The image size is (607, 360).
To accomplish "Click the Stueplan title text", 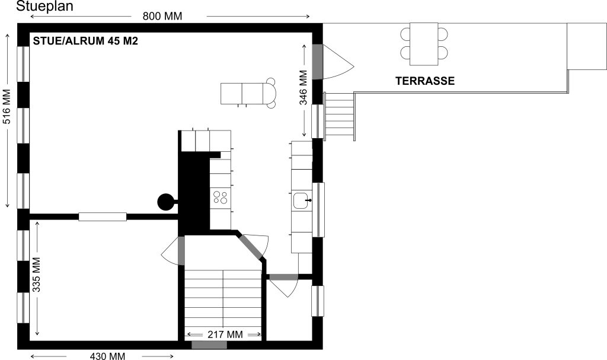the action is coord(44,6).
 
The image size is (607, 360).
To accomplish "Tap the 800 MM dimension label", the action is coord(162,16).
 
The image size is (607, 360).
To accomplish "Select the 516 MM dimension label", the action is coord(7,107).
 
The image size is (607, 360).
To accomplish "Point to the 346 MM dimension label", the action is coord(303,88).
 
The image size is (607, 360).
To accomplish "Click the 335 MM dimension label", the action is coord(36,275).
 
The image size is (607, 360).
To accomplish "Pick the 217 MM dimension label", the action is coord(225,334).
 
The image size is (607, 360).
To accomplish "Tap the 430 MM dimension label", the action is coord(107,356).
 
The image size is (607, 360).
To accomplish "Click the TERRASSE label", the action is coord(425,81).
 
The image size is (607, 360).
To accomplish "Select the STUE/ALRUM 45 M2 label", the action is coord(85,41).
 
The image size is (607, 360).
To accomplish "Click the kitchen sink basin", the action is coord(301,200).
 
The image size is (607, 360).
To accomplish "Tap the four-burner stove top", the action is coord(221,197).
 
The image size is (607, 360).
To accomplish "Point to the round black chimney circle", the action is coord(165,202).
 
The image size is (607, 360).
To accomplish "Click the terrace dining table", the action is coord(424,44).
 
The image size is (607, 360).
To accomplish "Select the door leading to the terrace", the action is coord(318,62).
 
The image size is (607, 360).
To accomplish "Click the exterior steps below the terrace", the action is coord(339,116).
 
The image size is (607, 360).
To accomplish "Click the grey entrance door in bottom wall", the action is coord(209,345).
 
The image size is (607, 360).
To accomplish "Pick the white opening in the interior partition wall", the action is coord(103,216).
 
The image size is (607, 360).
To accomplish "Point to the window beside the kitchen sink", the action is coord(318,209).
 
